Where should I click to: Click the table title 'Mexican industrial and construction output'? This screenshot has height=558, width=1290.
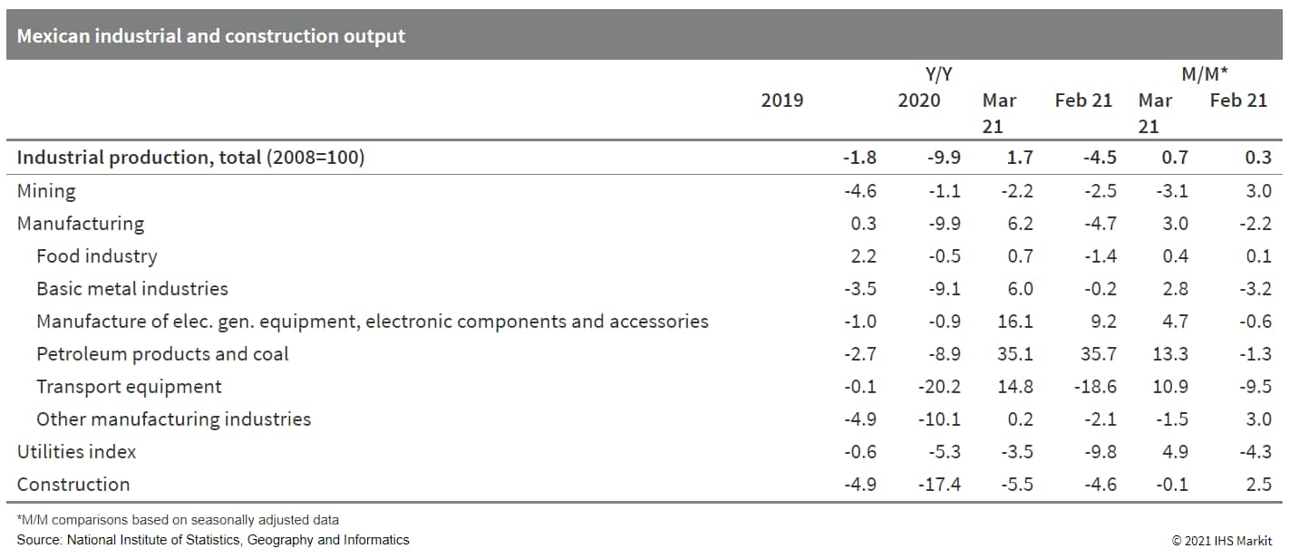[x=211, y=36]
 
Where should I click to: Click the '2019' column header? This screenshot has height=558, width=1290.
[x=781, y=100]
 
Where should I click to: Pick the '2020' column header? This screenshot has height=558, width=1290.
[x=919, y=100]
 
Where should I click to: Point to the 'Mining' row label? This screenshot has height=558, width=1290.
[x=46, y=191]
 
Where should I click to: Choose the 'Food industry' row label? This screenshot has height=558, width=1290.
[x=96, y=256]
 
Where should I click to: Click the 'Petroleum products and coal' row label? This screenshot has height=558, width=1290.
[x=162, y=354]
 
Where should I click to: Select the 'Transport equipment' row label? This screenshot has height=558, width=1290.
[x=129, y=387]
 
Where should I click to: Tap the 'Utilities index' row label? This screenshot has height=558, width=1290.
[x=76, y=451]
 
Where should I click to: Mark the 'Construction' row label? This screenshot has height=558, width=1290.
[x=73, y=484]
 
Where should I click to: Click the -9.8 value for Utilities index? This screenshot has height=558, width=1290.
[x=1099, y=451]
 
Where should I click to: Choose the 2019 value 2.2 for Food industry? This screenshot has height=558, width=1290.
[x=862, y=256]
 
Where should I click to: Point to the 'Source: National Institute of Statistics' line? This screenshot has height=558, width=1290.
[x=213, y=540]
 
